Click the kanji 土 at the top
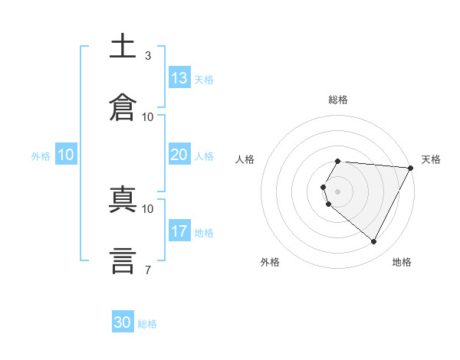tap(123, 45)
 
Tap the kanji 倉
tap(123, 107)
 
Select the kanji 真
tap(123, 199)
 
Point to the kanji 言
tap(123, 261)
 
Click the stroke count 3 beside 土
tap(148, 56)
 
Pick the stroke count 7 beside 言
tap(148, 270)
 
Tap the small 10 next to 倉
tap(147, 117)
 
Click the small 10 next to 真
tap(147, 209)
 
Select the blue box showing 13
tap(179, 77)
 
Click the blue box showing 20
tap(179, 154)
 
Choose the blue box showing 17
tap(179, 230)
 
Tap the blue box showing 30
tap(123, 321)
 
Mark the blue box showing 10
tap(66, 154)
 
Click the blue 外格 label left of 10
tap(41, 156)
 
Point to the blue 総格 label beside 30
tap(147, 324)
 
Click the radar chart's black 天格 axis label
tap(431, 159)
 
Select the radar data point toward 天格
tap(411, 168)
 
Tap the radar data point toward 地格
tap(373, 241)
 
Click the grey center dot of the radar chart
tap(337, 191)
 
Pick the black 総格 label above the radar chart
tap(338, 100)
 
